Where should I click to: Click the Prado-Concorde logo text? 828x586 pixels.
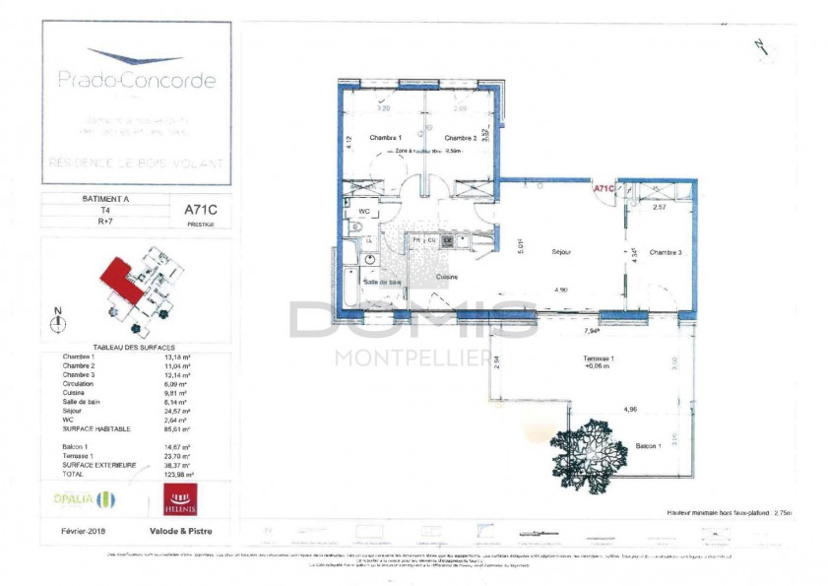[136, 80]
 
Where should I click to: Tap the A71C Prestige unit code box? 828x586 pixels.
[200, 212]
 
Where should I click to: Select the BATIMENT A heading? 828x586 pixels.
[105, 198]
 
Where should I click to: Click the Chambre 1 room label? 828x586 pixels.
[385, 138]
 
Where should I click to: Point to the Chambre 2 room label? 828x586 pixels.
[460, 138]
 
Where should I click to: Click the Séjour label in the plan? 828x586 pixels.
[562, 252]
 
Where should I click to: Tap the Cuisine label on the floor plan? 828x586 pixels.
[448, 277]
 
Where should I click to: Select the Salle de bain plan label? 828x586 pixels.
[382, 283]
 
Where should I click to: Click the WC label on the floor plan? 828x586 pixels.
[364, 211]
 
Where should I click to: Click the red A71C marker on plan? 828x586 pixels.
[603, 187]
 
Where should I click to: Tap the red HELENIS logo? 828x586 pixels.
[179, 499]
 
